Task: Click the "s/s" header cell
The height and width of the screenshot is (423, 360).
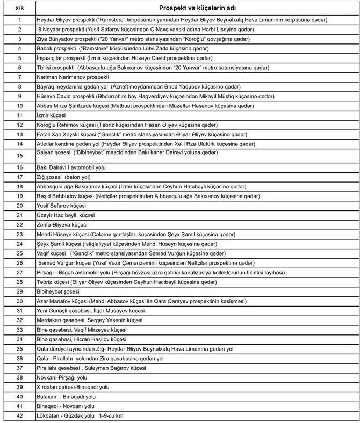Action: coord(20,9)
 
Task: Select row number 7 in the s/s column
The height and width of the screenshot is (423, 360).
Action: coord(20,77)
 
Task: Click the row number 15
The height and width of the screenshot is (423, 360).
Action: coord(20,156)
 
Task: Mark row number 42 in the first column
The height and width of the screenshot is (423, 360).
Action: coord(20,416)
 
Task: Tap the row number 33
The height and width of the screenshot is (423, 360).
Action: coord(20,330)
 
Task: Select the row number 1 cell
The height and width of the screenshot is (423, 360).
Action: coord(20,20)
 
